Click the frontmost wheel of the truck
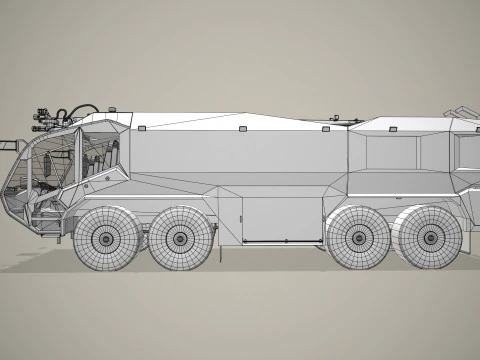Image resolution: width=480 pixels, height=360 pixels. pyautogui.click(x=106, y=239)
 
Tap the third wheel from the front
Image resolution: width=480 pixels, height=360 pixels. pyautogui.click(x=356, y=239)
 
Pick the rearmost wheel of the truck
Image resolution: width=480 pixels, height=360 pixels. pyautogui.click(x=429, y=239)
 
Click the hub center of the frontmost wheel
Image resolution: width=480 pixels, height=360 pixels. pyautogui.click(x=106, y=240)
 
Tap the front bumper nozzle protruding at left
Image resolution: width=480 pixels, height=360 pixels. pyautogui.click(x=9, y=147)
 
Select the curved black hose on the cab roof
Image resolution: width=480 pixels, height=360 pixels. pyautogui.click(x=84, y=108)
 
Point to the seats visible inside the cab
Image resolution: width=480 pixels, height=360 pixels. pyautogui.click(x=90, y=160)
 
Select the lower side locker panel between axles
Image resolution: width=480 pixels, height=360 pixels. pyautogui.click(x=283, y=218)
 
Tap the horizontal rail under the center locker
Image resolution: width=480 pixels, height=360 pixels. pyautogui.click(x=283, y=242)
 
